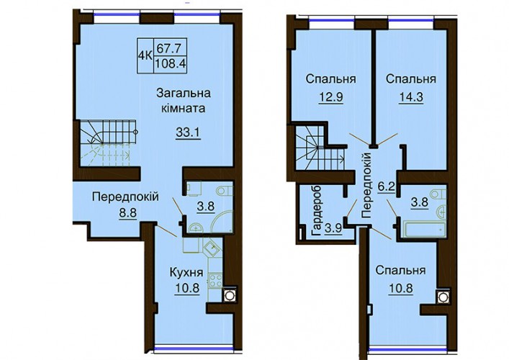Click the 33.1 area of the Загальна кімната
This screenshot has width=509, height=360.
[189, 132]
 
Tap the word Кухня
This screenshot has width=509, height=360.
[186, 273]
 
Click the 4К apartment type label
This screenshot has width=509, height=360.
[145, 55]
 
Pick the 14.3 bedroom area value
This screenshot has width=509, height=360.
[411, 96]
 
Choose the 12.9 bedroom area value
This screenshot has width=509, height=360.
[331, 96]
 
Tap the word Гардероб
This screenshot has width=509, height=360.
[317, 210]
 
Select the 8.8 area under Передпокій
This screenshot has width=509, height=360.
[128, 214]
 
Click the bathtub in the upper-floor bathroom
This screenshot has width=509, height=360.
[424, 230]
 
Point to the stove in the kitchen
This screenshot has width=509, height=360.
[215, 280]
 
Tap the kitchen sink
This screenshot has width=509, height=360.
[212, 249]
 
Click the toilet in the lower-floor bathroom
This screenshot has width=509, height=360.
[225, 189]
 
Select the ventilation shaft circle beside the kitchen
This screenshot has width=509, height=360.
[230, 295]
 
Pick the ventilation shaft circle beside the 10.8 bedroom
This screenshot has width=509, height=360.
[442, 297]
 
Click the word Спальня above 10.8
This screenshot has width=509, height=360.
[400, 270]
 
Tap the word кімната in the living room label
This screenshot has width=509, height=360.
[184, 107]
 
